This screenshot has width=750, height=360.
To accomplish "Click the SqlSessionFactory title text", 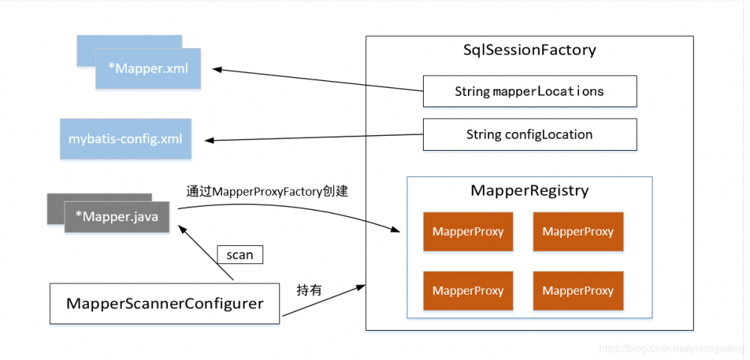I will click(x=529, y=51).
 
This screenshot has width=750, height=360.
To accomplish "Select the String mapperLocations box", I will click(x=529, y=91).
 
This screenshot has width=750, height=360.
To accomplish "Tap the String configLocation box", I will click(x=529, y=135).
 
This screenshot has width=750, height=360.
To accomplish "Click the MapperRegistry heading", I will click(x=529, y=190).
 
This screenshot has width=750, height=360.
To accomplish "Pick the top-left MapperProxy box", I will click(x=468, y=232).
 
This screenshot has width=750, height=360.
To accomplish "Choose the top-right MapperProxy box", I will click(x=578, y=232).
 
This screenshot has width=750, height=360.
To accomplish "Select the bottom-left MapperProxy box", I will click(x=468, y=291).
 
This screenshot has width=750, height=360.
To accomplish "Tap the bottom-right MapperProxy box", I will click(x=578, y=291).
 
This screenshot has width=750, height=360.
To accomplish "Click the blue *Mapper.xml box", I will click(x=148, y=69).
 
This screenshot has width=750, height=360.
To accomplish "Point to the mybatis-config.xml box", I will click(x=125, y=139).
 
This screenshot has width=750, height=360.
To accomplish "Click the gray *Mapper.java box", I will click(x=116, y=217).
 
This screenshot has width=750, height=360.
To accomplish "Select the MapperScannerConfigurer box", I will click(x=165, y=304).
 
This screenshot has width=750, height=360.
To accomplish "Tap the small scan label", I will click(x=240, y=255).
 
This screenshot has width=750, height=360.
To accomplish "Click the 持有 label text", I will click(x=309, y=290).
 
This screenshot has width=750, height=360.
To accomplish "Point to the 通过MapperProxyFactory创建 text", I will click(x=267, y=191).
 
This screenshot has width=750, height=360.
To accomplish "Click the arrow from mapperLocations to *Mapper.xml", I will click(x=315, y=80).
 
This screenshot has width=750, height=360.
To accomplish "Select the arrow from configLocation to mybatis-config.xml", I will click(x=315, y=137).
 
